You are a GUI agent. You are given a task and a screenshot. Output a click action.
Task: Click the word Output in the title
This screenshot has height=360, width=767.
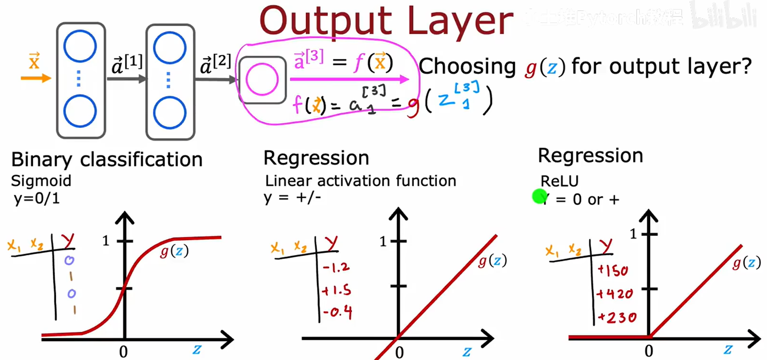click(325, 22)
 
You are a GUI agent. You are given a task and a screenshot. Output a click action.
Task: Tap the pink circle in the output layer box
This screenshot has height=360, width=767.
click(262, 79)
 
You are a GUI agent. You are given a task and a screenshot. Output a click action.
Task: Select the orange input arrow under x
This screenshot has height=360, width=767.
click(36, 78)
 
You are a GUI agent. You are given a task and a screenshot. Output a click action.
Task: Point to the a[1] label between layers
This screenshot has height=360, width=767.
click(127, 64)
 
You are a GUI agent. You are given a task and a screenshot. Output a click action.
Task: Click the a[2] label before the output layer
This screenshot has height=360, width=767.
click(215, 64)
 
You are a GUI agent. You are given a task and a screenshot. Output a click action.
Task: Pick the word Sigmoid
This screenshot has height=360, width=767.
click(41, 181)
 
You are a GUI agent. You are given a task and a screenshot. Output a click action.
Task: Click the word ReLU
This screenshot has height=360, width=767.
click(559, 181)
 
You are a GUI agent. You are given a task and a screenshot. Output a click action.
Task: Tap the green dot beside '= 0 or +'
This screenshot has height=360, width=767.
click(539, 197)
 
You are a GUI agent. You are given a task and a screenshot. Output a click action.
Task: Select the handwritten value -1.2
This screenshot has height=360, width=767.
click(336, 267)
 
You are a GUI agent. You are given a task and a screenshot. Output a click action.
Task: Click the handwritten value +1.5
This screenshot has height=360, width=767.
click(336, 290)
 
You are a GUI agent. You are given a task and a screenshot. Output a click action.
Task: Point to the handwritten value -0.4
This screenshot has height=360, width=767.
click(337, 312)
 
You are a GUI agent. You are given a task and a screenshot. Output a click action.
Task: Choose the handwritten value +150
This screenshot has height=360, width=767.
click(613, 271)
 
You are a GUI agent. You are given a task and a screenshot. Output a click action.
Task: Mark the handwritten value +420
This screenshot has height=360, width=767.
click(614, 294)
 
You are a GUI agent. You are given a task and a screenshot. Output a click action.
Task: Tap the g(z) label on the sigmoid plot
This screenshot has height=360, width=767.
click(174, 251)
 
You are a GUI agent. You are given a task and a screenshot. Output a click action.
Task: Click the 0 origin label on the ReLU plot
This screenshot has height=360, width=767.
click(648, 351)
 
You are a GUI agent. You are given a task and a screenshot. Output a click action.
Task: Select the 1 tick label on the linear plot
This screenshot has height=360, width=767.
click(383, 241)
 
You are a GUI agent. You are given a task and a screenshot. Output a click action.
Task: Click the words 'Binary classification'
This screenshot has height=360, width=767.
click(107, 160)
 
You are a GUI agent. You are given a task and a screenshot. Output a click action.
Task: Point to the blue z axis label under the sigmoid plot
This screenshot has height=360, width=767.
click(197, 349)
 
